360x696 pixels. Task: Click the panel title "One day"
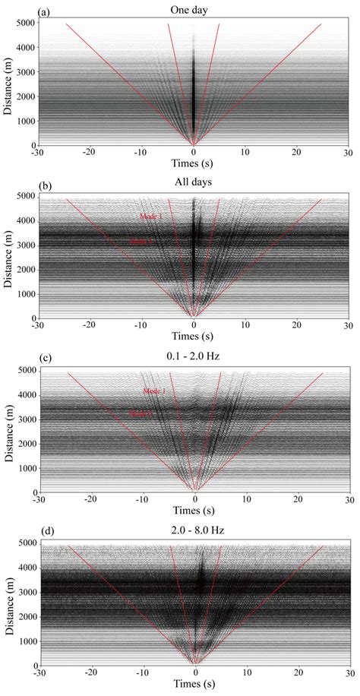click(194, 9)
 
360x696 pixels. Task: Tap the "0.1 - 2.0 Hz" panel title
click(194, 356)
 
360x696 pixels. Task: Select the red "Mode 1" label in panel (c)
click(154, 391)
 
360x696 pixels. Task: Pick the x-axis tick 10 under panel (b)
click(246, 328)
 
